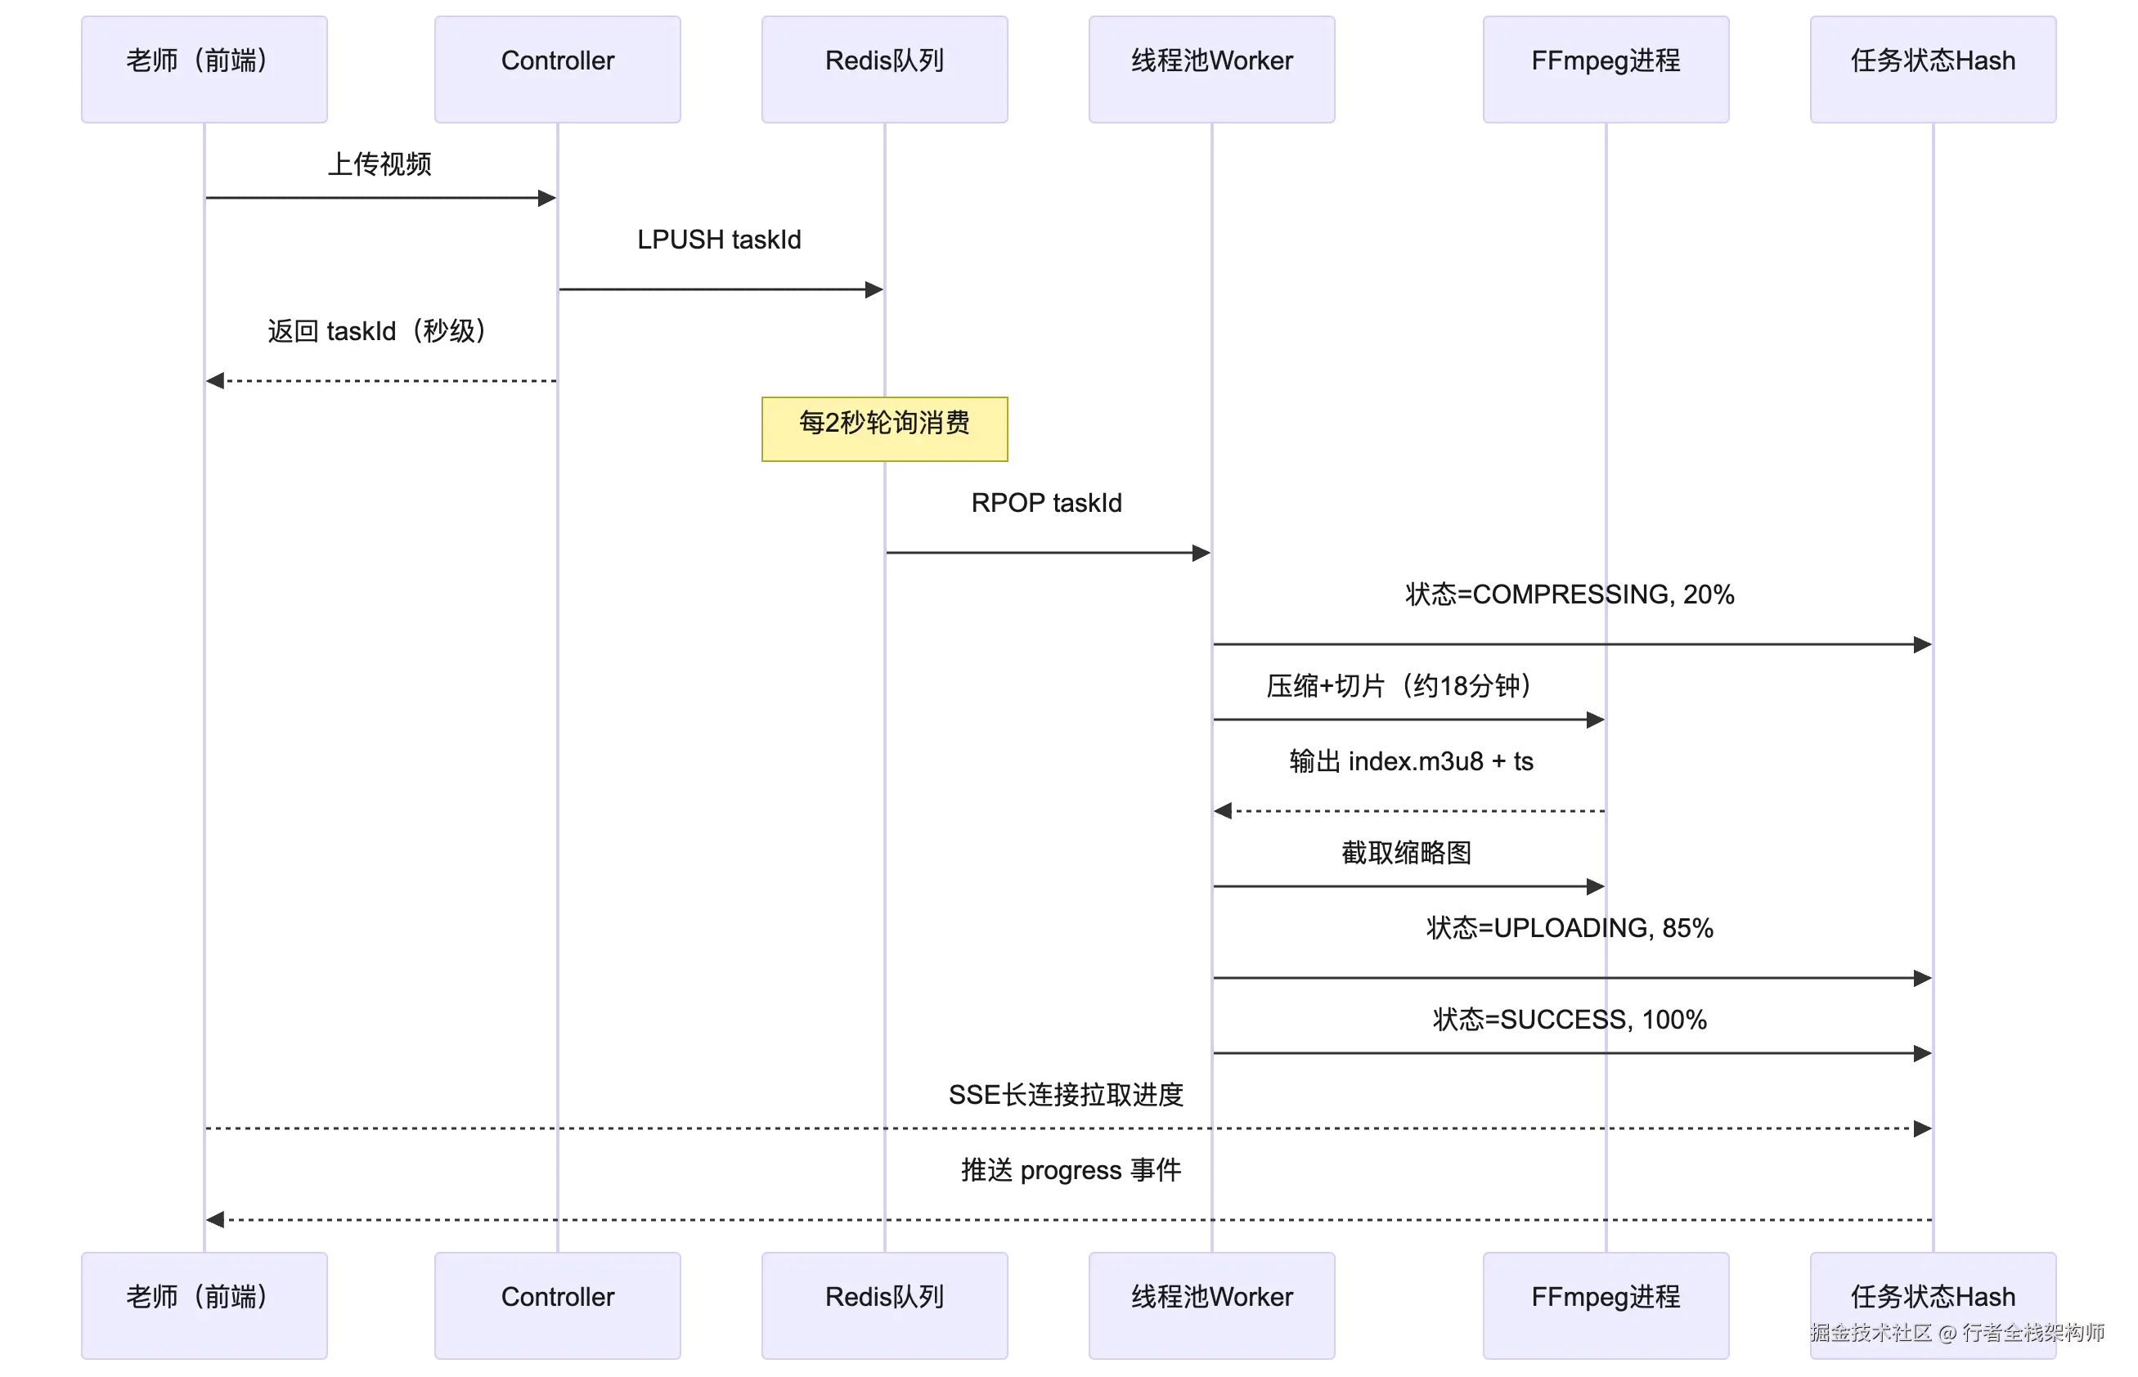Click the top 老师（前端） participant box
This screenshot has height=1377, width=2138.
pos(204,69)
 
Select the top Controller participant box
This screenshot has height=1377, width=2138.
pos(557,69)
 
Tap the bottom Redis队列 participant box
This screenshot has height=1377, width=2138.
pos(884,1306)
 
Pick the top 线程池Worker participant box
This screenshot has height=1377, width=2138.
pos(1211,69)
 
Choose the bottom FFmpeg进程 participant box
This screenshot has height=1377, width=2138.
pos(1606,1306)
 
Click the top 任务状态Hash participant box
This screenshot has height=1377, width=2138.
pos(1934,69)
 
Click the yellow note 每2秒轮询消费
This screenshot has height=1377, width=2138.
pos(884,429)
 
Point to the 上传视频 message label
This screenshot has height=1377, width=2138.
pos(380,164)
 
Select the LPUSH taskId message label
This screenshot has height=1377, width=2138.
pos(719,240)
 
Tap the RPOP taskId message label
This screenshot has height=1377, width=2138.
pos(1046,503)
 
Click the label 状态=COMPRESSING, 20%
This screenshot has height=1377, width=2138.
pos(1570,594)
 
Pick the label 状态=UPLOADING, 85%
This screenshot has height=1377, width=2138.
pos(1570,928)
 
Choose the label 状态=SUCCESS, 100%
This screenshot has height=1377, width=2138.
pos(1570,1020)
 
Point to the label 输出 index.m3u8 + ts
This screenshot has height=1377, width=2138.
pos(1411,762)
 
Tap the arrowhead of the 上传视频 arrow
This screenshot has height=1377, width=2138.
pos(548,198)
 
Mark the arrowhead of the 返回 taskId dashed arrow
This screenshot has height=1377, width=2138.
pos(214,381)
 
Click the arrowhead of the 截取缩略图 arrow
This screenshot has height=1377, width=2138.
pos(1596,886)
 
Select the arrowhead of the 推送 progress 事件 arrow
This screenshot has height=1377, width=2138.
pos(214,1220)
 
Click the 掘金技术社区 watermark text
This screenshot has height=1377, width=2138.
pos(1871,1333)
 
